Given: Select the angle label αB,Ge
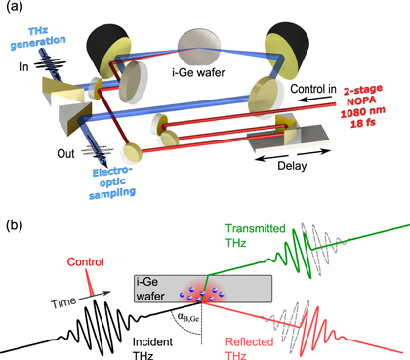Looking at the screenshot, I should [x=186, y=316].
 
